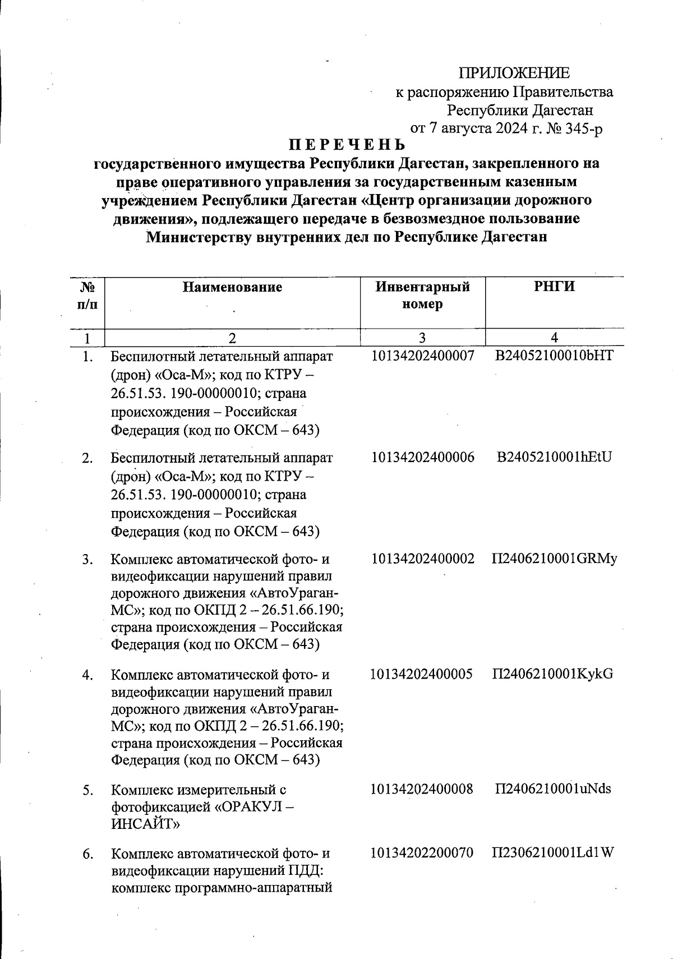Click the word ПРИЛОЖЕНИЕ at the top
pos(514,73)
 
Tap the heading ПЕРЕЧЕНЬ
pos(346,145)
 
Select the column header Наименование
pos(232,288)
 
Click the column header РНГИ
pos(555,287)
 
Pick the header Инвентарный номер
pos(422,296)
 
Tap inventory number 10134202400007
pos(423,356)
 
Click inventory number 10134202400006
pos(423,457)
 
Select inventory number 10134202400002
pos(423,559)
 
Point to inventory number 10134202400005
pos(422,674)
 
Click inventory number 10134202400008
pos(422,789)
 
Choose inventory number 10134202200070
pos(422,853)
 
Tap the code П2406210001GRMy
pos(555,559)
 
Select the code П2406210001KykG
pos(553,674)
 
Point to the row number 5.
pos(87,791)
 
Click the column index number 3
pos(422,338)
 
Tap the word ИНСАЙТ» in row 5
pos(145,824)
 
